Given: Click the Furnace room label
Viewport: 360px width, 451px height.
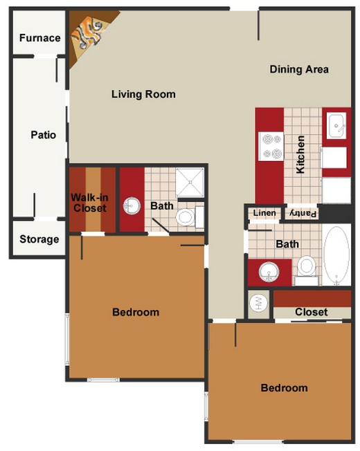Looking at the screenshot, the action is [39, 38].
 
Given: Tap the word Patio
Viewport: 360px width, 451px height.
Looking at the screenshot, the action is [44, 135].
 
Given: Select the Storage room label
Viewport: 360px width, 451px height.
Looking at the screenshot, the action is [39, 239].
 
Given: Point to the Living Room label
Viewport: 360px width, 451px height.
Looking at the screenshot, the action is [143, 94].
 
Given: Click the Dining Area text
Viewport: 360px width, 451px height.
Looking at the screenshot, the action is [299, 69].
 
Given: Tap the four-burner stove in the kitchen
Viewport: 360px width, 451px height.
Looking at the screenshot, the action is [271, 147].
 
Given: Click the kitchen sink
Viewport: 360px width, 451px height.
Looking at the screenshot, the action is [336, 126].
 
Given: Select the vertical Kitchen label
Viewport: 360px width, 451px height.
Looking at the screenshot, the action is [300, 154].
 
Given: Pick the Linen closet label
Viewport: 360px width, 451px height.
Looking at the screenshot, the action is [264, 213].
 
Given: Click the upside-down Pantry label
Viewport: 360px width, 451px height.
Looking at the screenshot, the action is [303, 214].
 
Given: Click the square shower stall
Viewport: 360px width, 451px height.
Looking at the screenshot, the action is [190, 183].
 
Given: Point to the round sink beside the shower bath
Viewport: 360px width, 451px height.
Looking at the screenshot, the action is [132, 206].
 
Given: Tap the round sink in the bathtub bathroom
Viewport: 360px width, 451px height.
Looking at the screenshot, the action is [269, 272].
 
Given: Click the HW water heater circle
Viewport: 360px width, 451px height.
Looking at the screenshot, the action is [258, 303].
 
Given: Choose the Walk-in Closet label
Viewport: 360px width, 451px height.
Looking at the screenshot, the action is [89, 203].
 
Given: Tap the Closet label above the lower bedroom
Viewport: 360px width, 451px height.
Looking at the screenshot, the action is [312, 312].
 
